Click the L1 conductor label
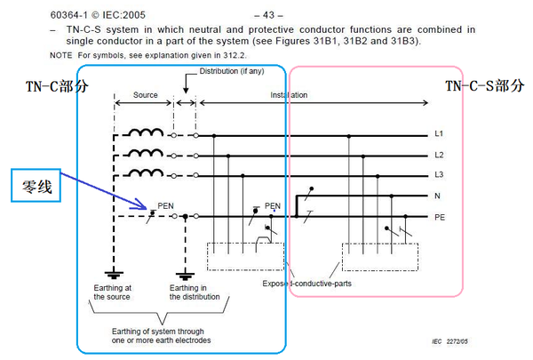pos(439,135)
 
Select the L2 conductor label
pos(439,155)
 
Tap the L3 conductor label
pos(439,175)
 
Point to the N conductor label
pos(438,196)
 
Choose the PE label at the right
pos(439,217)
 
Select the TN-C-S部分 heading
pos(484,86)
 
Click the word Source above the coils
pos(145,94)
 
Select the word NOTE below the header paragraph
pos(60,56)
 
